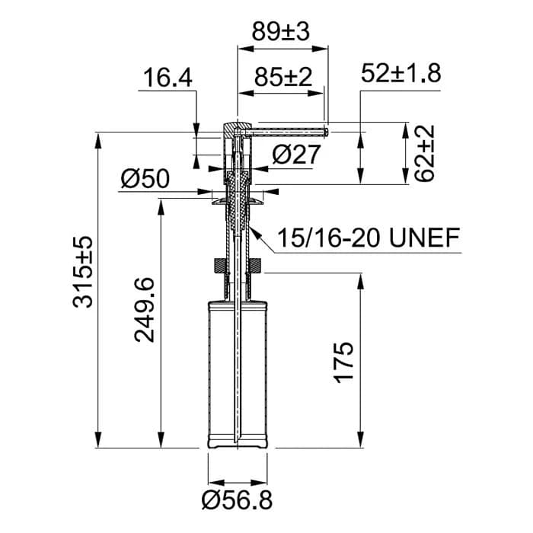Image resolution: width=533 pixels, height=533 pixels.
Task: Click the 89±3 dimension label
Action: (x=281, y=32)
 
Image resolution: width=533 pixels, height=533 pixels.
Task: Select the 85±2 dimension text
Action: (x=282, y=77)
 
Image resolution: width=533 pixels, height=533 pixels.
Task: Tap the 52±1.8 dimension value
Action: (x=401, y=73)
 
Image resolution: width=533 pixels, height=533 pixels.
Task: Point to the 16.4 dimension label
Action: (x=168, y=78)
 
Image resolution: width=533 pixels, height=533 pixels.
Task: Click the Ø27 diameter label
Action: (x=296, y=154)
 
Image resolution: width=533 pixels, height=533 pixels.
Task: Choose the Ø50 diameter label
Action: (x=145, y=179)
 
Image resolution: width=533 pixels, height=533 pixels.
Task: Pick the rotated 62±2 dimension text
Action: (x=424, y=153)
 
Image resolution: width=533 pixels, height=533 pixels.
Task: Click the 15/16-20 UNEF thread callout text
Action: (x=369, y=238)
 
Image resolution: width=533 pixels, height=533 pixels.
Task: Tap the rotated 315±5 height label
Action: (x=82, y=272)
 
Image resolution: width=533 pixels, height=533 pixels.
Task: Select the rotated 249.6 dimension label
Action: (x=145, y=310)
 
